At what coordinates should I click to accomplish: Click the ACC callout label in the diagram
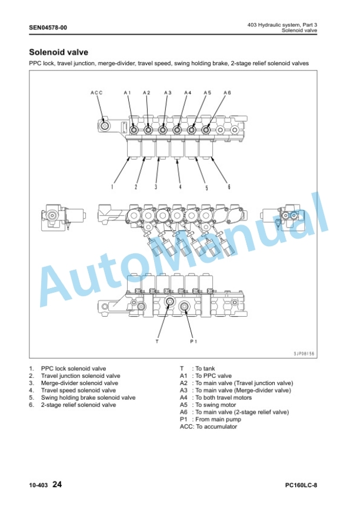96,93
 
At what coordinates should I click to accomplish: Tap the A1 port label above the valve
128,93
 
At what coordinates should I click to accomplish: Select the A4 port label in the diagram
188,93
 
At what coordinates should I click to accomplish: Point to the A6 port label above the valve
227,93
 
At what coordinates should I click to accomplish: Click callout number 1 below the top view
112,187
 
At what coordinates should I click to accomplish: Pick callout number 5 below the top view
206,187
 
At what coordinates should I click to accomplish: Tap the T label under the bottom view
157,341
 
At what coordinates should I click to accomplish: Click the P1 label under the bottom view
194,341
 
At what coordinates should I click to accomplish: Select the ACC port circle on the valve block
105,126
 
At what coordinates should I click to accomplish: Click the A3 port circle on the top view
163,130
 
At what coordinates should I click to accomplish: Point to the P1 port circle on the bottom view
185,306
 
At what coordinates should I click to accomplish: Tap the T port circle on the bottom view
169,302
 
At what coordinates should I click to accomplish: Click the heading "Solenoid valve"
58,52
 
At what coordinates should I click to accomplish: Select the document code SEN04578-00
48,28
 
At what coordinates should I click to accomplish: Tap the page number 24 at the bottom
57,485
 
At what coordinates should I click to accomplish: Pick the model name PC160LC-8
301,485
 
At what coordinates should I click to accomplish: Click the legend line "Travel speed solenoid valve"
78,390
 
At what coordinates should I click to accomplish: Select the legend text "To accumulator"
216,427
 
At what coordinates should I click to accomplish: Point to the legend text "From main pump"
218,420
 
